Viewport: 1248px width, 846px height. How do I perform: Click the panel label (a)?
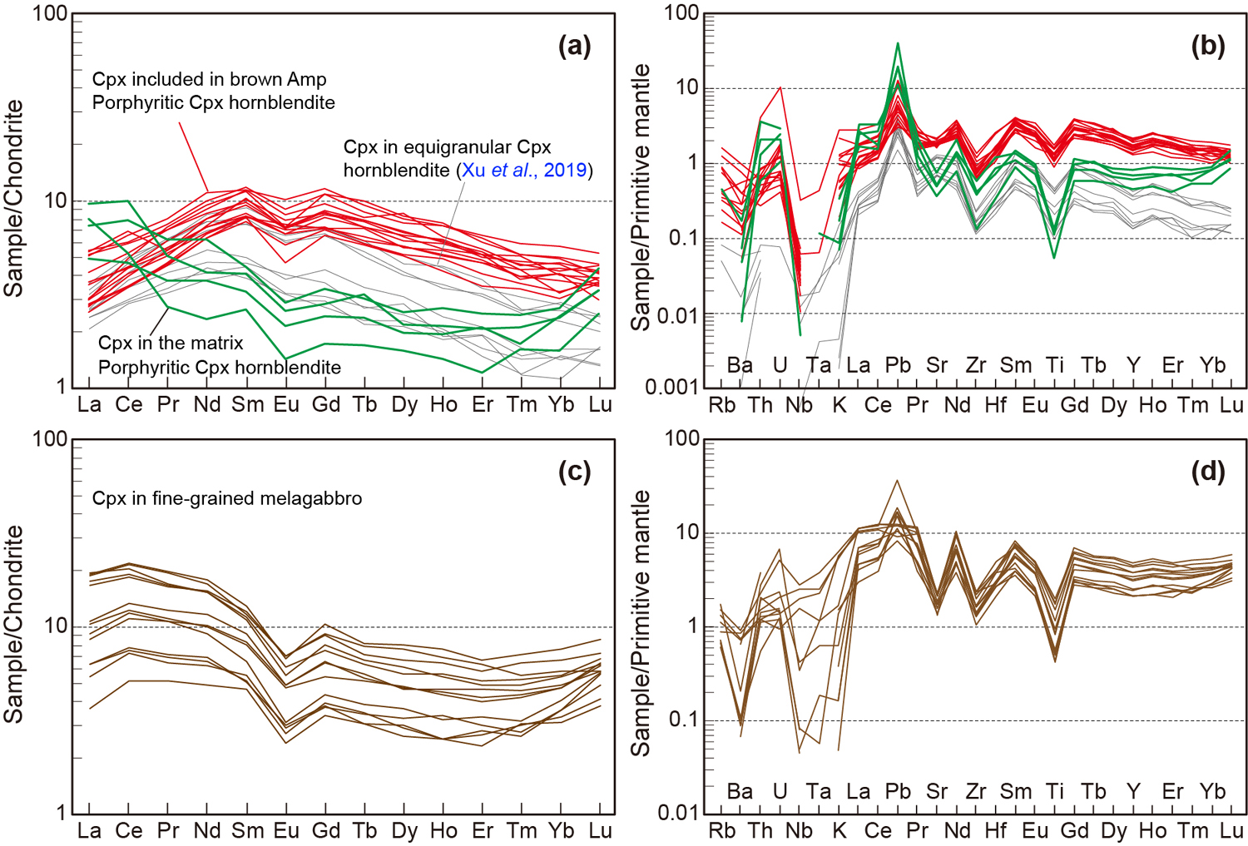575,46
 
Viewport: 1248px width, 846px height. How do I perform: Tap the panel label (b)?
1208,46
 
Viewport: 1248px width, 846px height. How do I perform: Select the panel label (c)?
575,472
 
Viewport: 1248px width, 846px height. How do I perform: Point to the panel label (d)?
1208,472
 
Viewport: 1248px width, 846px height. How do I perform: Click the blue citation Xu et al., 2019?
524,171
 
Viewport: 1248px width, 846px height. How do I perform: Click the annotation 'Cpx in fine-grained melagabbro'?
227,498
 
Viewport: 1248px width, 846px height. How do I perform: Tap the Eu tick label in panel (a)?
286,405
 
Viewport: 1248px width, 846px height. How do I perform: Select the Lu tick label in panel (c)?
600,831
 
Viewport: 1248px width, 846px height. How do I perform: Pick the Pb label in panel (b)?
898,365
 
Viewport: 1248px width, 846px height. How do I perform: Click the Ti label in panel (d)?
1055,791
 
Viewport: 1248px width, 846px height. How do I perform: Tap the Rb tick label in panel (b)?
721,405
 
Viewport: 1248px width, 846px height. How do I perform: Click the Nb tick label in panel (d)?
799,831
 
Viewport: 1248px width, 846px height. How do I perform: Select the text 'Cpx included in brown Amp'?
209,79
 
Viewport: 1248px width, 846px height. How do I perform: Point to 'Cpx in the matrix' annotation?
171,343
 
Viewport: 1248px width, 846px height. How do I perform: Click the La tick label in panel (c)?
89,831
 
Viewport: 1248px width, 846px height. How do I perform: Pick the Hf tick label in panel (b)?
995,405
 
